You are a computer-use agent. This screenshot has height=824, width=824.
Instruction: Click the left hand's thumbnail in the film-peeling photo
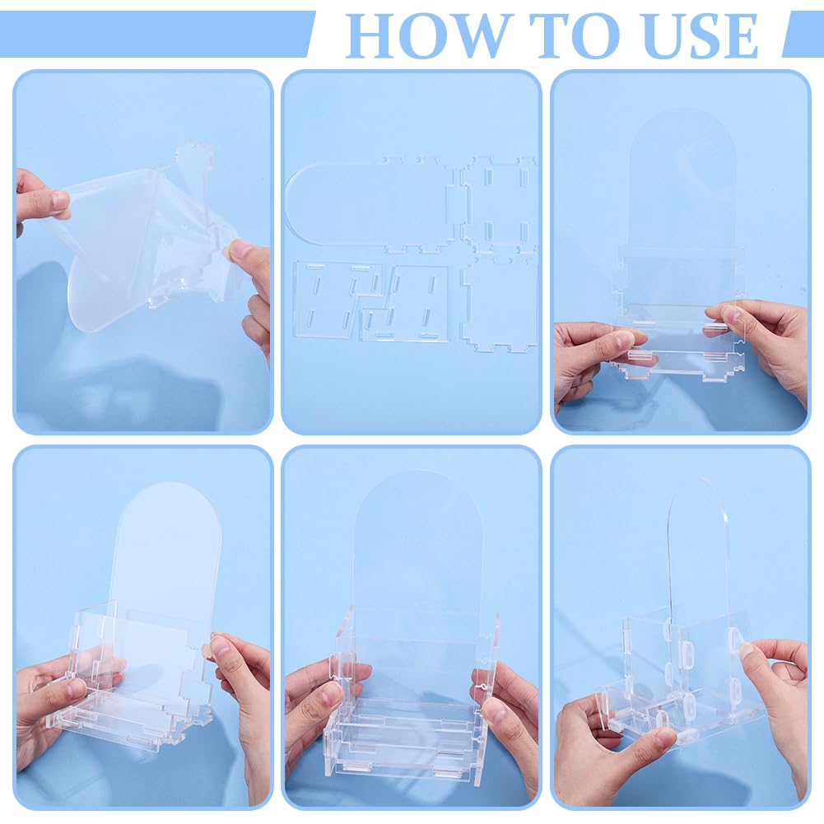click(59, 200)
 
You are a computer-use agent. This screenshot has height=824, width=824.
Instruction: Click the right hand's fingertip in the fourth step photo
click(216, 645)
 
